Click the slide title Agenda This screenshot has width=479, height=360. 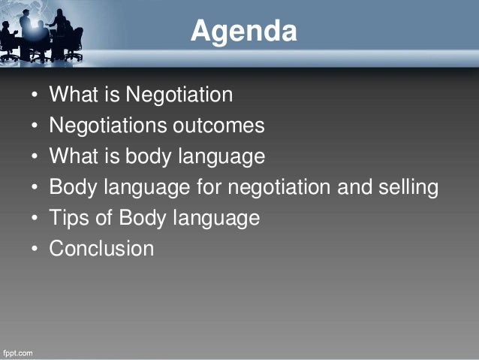pos(243,32)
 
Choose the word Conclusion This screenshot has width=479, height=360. pos(101,249)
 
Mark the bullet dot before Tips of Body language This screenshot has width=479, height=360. pos(35,219)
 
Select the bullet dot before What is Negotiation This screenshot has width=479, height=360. pos(35,95)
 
